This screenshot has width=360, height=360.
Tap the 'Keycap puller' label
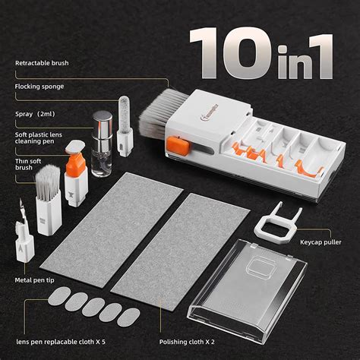tap(321, 242)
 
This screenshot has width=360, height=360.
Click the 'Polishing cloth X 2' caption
tap(187, 343)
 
